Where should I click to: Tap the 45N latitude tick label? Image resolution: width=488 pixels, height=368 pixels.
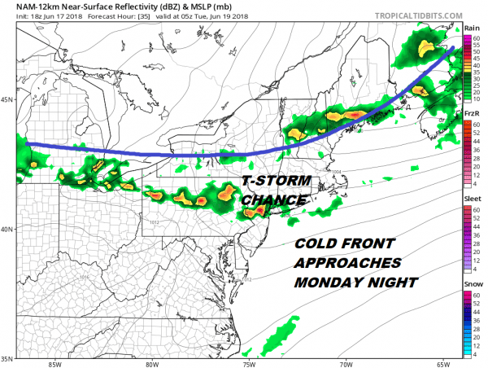click(x=7, y=101)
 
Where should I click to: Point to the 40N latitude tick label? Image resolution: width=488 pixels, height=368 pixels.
click(x=7, y=230)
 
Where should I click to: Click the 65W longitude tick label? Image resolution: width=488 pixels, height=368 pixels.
click(x=442, y=364)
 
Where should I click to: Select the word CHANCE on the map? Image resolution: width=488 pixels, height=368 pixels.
click(x=274, y=199)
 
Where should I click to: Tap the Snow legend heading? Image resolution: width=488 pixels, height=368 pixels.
click(x=469, y=284)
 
